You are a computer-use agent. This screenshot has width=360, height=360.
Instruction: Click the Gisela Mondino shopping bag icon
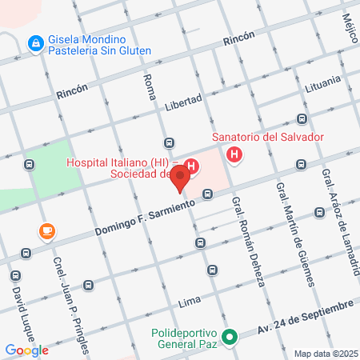point(35,43)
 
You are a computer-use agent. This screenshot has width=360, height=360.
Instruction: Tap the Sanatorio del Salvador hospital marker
point(234,154)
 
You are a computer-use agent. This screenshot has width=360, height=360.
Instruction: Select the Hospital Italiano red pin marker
point(180,178)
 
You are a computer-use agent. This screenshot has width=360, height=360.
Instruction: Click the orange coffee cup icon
point(47,231)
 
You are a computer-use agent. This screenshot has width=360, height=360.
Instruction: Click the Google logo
point(26,350)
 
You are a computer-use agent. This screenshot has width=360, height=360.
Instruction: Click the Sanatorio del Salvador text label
point(267,137)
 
